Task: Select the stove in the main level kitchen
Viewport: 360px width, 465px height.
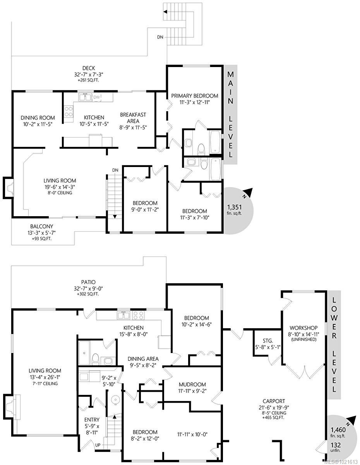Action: (69, 112)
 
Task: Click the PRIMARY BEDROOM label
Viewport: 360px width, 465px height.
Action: (195, 96)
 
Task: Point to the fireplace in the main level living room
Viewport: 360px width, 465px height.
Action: (9, 187)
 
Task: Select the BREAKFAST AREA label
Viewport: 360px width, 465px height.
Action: (133, 115)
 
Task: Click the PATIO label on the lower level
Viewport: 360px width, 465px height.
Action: (88, 282)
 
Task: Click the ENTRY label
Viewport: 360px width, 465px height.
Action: (92, 420)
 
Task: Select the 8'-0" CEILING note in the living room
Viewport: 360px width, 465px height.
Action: (60, 193)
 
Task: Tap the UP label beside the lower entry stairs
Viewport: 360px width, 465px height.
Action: (98, 445)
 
